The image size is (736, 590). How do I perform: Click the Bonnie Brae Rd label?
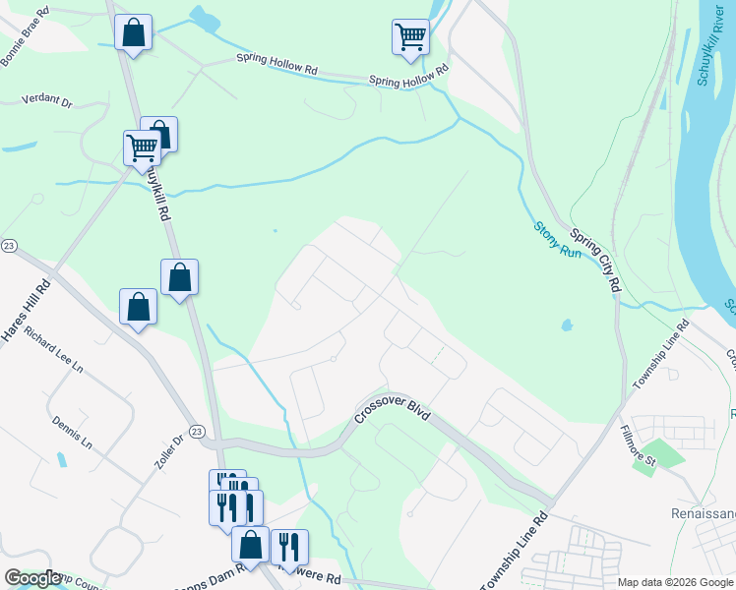pos(24,37)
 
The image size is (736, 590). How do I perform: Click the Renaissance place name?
pos(703,512)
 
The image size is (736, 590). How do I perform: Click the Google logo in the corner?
pos(31,578)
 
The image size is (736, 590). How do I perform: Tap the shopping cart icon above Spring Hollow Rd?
pos(410,37)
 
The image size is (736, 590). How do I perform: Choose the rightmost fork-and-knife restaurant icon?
pos(289,547)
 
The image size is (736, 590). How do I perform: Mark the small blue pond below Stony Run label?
pos(566,324)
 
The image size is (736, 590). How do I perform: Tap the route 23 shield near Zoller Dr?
pos(197,432)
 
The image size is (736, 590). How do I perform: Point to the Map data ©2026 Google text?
pos(675,582)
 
